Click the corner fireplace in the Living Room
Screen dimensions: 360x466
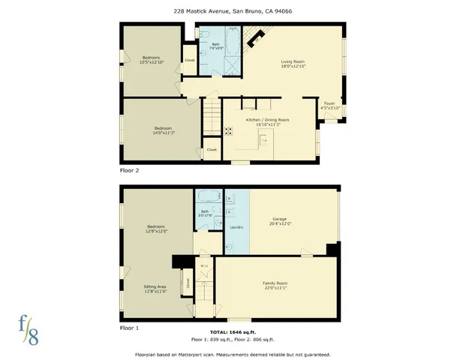pos(257,35)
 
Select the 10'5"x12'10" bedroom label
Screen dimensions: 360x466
pos(151,60)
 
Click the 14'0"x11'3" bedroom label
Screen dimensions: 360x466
pos(163,130)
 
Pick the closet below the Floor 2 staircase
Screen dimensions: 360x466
pos(212,150)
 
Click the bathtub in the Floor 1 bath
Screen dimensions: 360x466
pos(205,197)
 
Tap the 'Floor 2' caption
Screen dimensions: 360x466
pos(130,170)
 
